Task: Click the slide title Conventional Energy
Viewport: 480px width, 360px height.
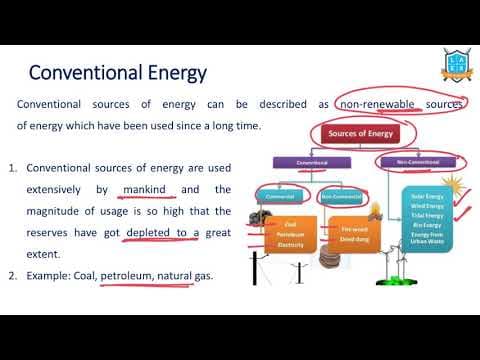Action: [117, 72]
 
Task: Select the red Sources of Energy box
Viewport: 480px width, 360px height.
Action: [356, 134]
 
